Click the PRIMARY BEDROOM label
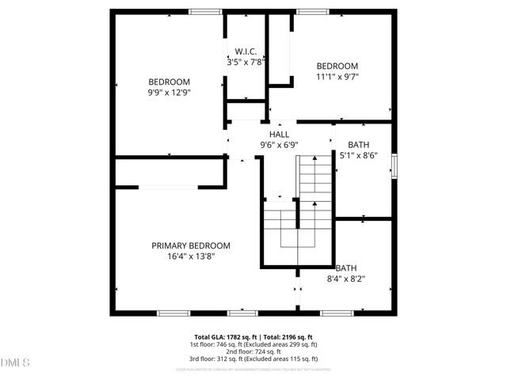[x=191, y=245]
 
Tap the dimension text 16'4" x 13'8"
[x=191, y=256]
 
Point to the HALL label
[x=279, y=135]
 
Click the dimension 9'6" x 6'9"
[x=279, y=145]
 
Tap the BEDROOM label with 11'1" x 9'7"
[x=337, y=66]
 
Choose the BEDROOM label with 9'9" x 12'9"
[x=170, y=82]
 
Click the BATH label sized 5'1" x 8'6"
[x=358, y=145]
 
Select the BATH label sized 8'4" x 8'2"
[x=345, y=268]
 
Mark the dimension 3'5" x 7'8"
[x=246, y=61]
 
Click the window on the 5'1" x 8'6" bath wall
[x=394, y=167]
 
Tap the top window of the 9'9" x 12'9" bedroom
[x=204, y=11]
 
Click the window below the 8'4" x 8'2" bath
[x=337, y=313]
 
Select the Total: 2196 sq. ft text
[x=283, y=336]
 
